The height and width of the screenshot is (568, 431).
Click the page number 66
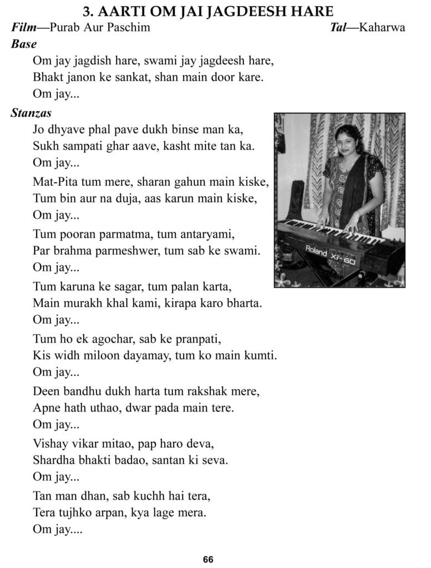click(x=208, y=559)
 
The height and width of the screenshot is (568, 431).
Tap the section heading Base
click(x=24, y=44)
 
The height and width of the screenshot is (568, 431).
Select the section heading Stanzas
click(x=31, y=113)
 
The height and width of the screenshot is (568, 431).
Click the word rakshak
click(x=206, y=392)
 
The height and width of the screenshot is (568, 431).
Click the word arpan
click(x=108, y=513)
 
